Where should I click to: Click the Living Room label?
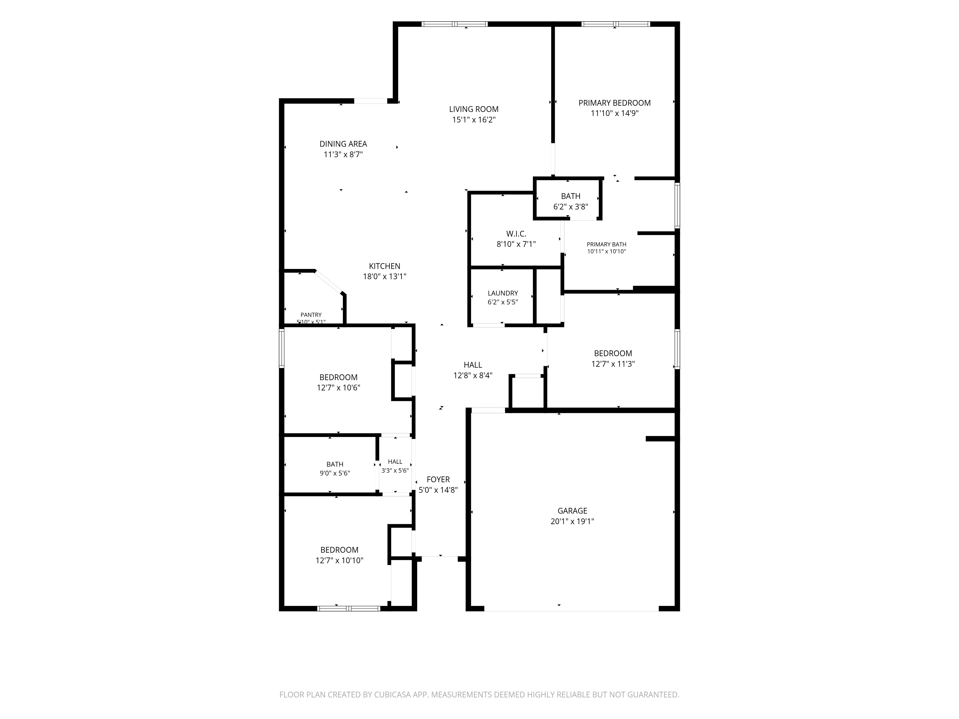474,109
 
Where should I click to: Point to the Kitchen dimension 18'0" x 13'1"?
385,277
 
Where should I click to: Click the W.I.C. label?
516,234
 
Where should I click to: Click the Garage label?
572,511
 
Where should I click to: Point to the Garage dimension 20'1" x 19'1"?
572,521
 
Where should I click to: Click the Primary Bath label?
607,244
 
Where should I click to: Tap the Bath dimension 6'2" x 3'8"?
571,207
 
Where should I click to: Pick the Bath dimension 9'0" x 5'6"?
335,473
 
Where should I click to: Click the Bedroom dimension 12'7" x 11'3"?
613,364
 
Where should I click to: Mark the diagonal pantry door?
329,282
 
